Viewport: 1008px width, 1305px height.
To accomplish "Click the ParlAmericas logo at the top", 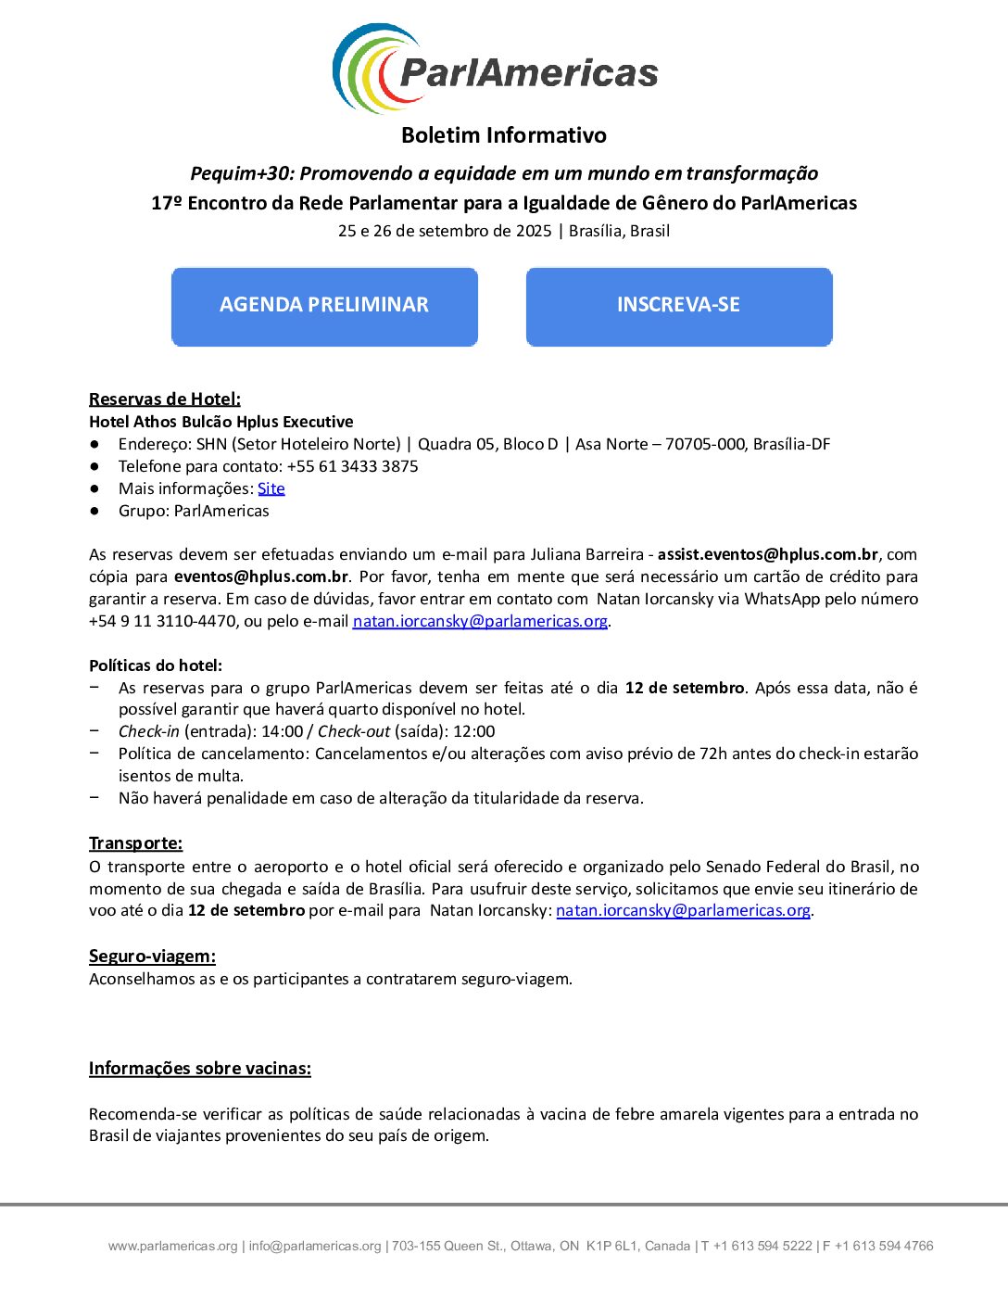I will [495, 70].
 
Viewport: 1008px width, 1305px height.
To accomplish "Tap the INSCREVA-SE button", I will [678, 306].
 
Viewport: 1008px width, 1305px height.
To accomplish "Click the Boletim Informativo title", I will [504, 135].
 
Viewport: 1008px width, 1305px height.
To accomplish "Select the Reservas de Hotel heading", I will [165, 399].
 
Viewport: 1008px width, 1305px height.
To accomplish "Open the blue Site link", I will [271, 488].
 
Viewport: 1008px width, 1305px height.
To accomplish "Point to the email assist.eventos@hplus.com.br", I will [767, 554].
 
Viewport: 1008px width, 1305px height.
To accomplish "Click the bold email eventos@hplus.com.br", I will [261, 576].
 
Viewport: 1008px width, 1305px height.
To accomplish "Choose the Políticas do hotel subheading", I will [156, 665].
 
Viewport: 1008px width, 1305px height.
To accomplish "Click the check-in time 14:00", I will [282, 731].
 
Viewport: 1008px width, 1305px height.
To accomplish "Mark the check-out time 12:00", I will [473, 731].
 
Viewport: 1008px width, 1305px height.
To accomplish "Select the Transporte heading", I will [135, 843].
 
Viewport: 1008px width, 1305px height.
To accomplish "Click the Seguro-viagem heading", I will [152, 957].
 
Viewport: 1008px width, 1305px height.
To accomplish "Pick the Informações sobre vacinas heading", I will [200, 1069].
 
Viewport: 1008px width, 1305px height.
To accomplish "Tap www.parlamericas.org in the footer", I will [172, 1247].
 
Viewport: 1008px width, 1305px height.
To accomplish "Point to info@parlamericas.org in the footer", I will [315, 1247].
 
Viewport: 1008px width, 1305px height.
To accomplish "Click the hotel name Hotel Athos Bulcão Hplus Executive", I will [221, 422].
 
